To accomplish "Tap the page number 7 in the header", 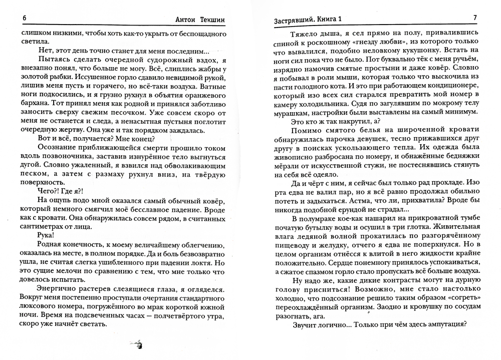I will click(475, 19).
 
